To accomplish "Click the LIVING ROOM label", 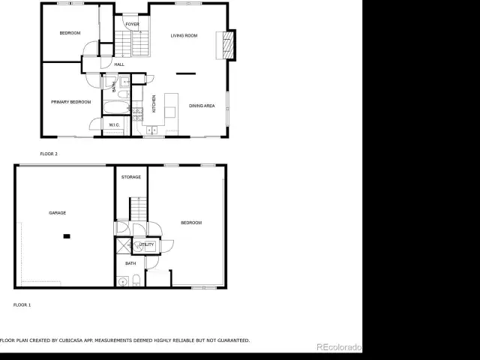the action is [184, 35].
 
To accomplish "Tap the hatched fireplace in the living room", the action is [228, 45].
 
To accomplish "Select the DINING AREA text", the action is [202, 106].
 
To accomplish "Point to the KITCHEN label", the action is [154, 103].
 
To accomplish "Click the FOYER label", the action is [132, 24].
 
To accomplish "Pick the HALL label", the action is [119, 64].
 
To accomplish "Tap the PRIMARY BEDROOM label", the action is [71, 102].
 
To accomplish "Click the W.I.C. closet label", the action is [115, 125].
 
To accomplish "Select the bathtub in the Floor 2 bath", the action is [116, 107].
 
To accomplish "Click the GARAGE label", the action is [58, 213].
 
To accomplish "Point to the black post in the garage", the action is [67, 236].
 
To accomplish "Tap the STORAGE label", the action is [131, 177].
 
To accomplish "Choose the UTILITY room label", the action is [146, 244].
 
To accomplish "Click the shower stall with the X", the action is [124, 245].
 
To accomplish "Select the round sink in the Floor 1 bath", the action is [123, 281].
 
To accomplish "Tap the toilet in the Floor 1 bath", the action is [136, 280].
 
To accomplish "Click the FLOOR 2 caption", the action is [49, 154].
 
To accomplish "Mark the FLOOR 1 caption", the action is [22, 305].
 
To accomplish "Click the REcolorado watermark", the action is [339, 347].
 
